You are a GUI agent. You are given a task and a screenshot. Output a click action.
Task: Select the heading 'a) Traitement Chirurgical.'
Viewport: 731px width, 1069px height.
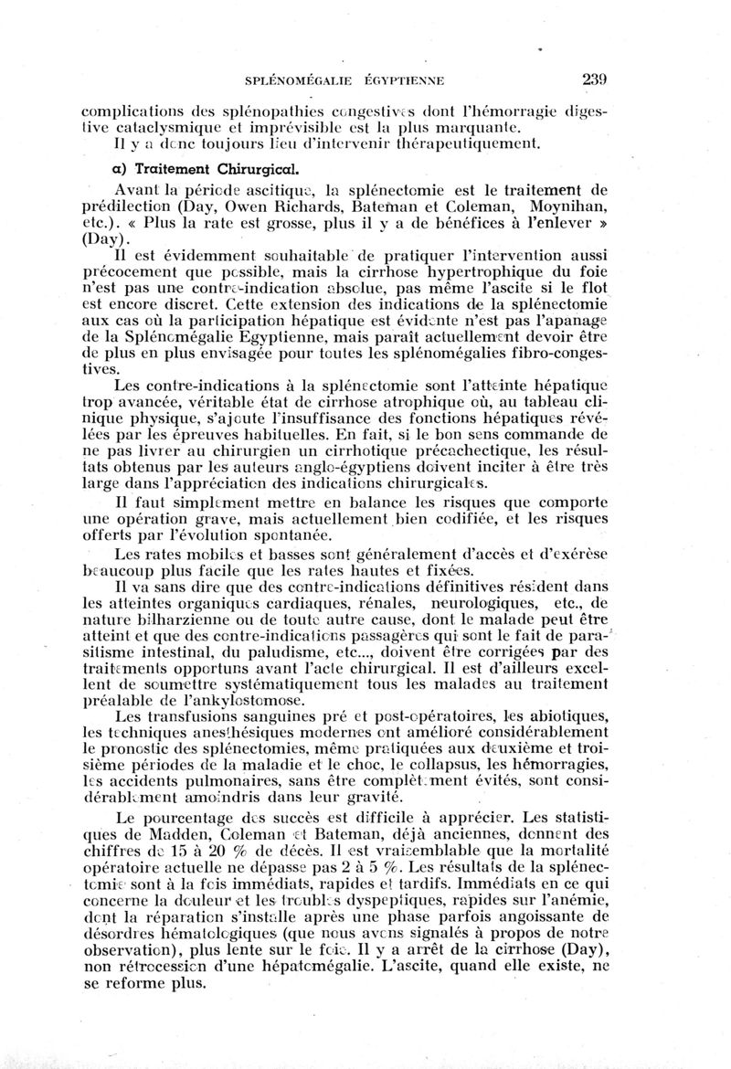click(x=186, y=169)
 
